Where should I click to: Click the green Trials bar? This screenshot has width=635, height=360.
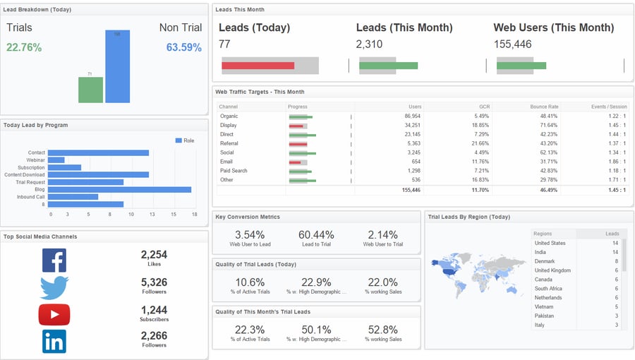click(x=90, y=90)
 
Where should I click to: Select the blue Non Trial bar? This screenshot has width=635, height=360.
click(x=117, y=66)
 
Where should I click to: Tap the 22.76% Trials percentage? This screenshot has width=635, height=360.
click(x=24, y=47)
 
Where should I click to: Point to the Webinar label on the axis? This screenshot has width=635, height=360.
click(x=35, y=160)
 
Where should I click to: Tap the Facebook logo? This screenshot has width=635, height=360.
click(x=54, y=260)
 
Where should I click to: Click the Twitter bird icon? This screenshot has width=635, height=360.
click(x=54, y=287)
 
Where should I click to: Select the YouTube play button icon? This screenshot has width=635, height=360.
click(x=54, y=314)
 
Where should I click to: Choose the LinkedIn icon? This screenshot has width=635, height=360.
click(x=54, y=341)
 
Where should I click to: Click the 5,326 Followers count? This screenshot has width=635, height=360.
click(x=154, y=282)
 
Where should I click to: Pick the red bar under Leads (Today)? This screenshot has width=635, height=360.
click(x=258, y=66)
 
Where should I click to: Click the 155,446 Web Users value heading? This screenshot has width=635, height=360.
click(x=513, y=44)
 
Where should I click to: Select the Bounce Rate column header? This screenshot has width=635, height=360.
click(x=544, y=107)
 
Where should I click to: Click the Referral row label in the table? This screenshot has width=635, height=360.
click(x=229, y=143)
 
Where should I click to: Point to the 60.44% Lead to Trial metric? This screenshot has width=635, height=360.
click(x=316, y=234)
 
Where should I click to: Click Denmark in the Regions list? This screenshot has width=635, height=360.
click(x=544, y=261)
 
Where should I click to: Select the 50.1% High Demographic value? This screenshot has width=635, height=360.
click(x=316, y=330)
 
